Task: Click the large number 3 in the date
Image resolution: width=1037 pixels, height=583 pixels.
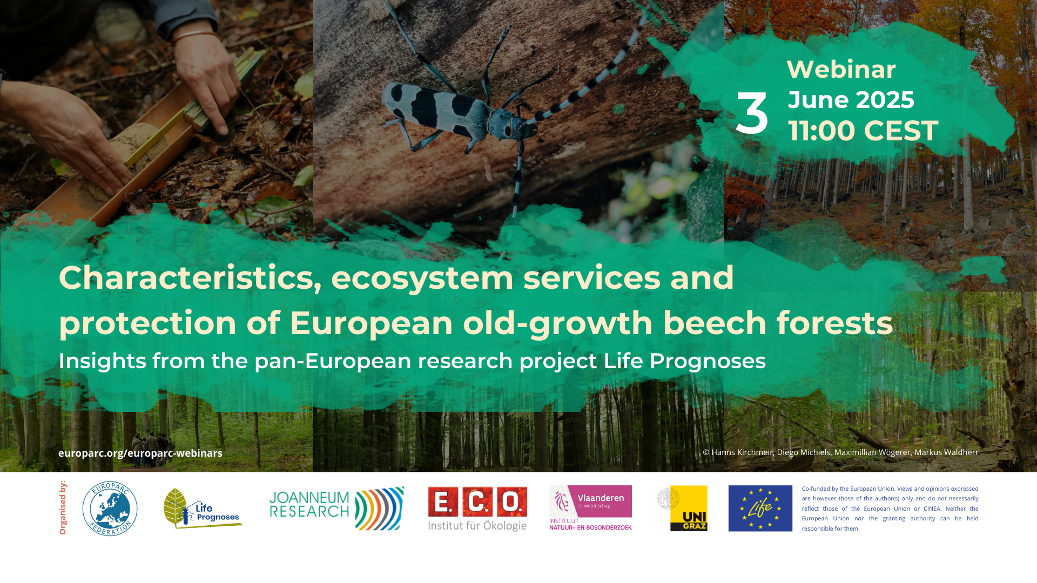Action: [752, 114]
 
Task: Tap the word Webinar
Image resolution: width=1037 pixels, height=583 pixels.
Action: [841, 69]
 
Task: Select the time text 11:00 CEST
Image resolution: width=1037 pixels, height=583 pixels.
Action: [863, 131]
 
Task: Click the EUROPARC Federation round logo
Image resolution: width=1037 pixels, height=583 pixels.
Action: [110, 509]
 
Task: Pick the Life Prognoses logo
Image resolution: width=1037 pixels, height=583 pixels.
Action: [203, 509]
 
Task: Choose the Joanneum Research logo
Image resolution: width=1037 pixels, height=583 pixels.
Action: [336, 509]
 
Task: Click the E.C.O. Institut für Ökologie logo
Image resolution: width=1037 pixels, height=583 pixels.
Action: [477, 509]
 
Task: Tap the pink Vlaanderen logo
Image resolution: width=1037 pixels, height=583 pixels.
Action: [590, 507]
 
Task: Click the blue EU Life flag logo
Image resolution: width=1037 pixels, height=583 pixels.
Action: [760, 508]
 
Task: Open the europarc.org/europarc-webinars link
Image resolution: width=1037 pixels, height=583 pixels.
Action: [140, 453]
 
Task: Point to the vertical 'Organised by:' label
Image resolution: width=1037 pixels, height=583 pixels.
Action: [63, 507]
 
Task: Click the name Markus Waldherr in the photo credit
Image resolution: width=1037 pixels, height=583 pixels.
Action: [946, 452]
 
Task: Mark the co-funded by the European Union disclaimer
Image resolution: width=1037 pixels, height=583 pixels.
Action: [890, 508]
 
